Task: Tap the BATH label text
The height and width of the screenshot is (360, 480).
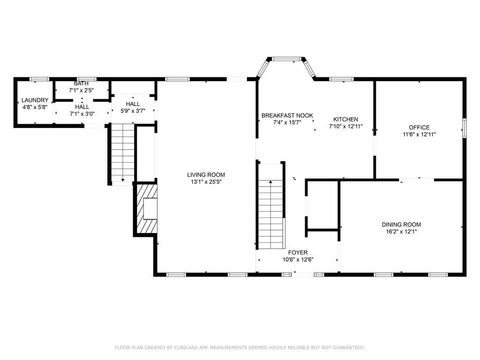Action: point(80,84)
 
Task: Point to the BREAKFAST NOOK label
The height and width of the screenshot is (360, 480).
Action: point(287,116)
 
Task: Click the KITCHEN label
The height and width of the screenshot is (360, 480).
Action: point(345,118)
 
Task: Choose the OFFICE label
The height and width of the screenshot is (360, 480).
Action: point(418,128)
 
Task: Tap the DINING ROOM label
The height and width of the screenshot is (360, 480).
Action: point(400,224)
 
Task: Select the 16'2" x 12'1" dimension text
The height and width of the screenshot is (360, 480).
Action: point(400,232)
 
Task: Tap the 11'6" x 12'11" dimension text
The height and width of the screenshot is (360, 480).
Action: point(418,135)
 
